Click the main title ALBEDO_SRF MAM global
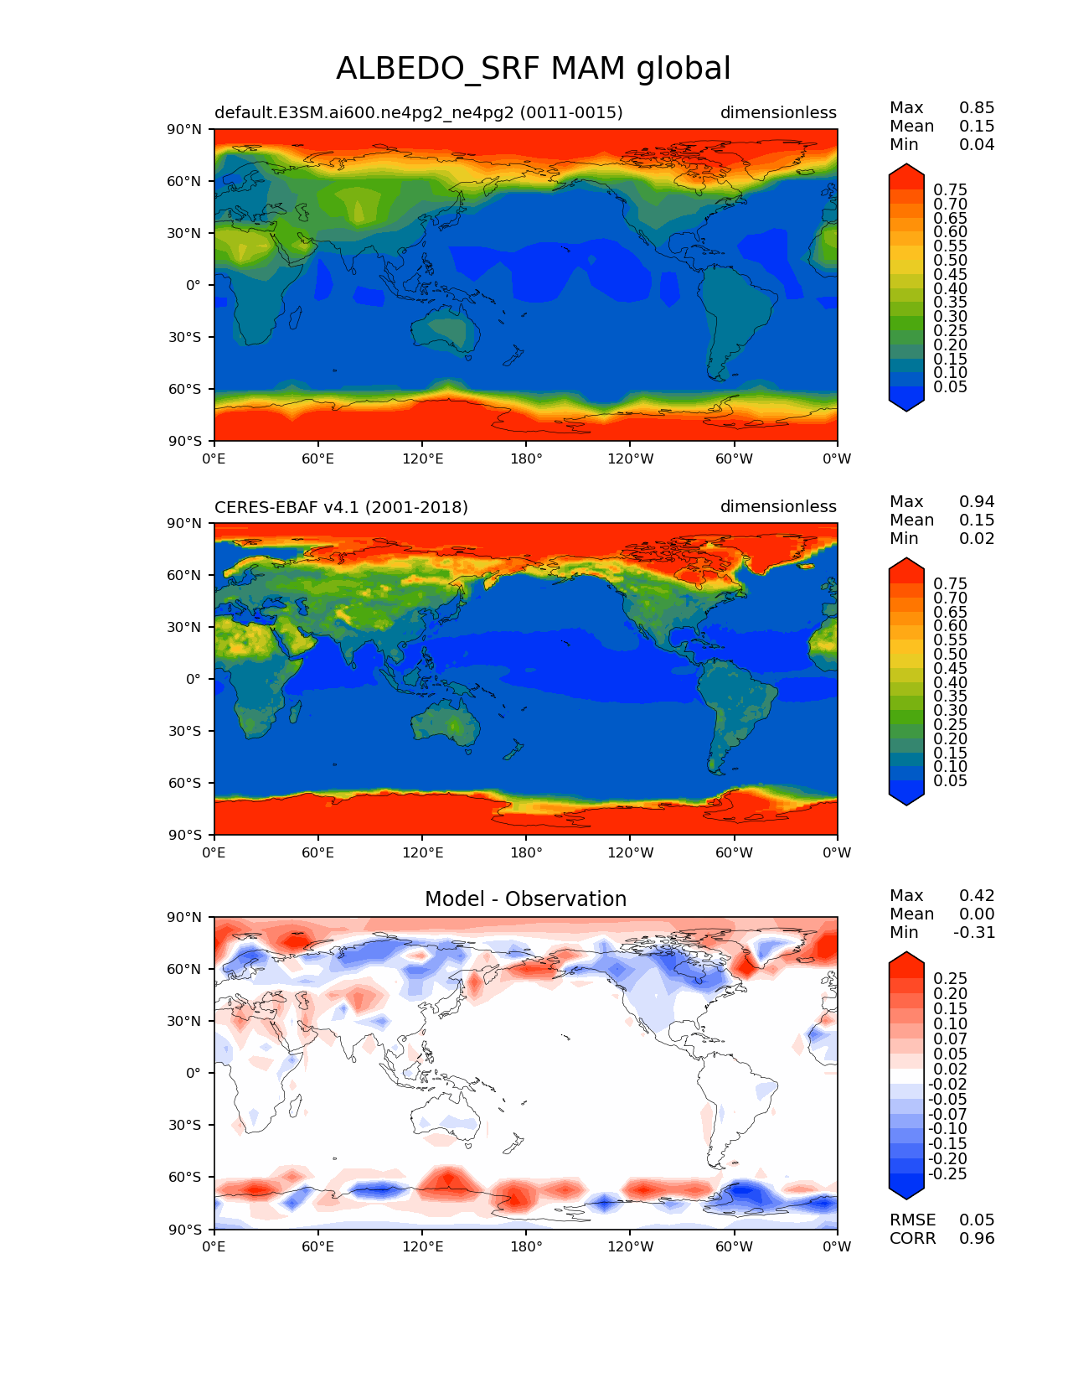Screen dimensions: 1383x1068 [533, 69]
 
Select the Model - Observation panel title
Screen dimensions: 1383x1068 [525, 899]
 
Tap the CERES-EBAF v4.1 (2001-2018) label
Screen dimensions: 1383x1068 [341, 507]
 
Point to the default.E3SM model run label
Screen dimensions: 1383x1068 [418, 113]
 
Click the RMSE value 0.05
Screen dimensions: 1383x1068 [977, 1220]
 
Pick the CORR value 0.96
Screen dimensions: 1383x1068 [977, 1239]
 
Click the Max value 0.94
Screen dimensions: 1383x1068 [977, 502]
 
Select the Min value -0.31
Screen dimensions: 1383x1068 [974, 933]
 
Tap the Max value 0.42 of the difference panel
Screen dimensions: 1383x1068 [977, 896]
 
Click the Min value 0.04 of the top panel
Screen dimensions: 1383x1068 [977, 145]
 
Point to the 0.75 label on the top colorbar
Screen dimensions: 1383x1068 [950, 190]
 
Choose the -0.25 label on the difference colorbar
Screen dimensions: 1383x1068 [947, 1174]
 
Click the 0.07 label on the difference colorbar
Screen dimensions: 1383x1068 [950, 1039]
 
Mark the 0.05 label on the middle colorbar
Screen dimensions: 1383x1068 [950, 781]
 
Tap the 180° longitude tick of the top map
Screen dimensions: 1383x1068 [526, 459]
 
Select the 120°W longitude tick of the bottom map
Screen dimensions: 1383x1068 [631, 1247]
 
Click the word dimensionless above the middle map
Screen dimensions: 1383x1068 [778, 507]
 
